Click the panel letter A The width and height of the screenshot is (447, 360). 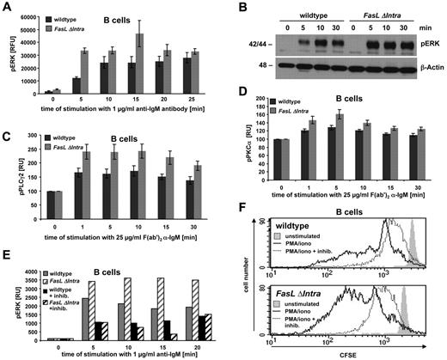7,9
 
